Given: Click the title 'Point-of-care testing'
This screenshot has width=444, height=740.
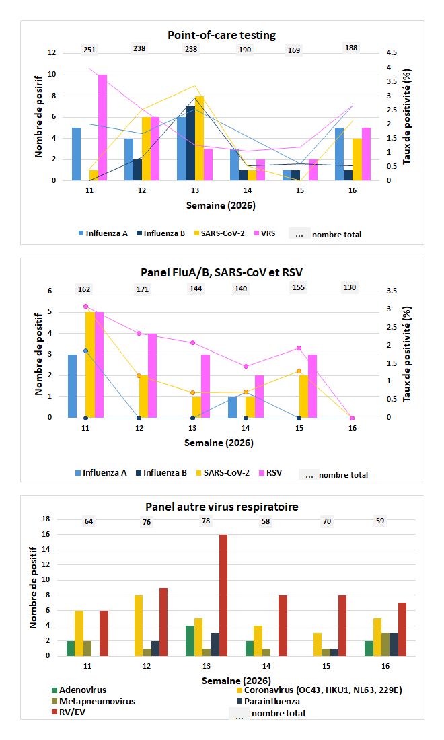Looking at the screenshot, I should tap(222, 35).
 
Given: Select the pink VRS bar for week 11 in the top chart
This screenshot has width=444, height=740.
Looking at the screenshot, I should tap(103, 127).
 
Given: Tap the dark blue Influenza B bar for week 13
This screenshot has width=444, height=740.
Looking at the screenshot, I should tap(191, 143).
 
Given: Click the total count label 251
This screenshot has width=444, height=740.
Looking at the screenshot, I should tap(89, 49).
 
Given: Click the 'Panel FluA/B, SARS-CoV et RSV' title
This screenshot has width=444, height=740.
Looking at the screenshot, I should tap(222, 272).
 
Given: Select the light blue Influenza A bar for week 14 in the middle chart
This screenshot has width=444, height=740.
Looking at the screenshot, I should tap(232, 407).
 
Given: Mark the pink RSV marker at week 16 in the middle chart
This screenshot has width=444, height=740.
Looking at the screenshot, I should tap(352, 418).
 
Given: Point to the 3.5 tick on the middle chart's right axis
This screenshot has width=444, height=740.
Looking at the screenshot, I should tap(392, 291).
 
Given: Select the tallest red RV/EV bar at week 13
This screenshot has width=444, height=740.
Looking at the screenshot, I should tap(223, 595).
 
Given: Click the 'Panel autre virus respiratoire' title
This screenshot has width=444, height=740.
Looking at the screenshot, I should tap(222, 506).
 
